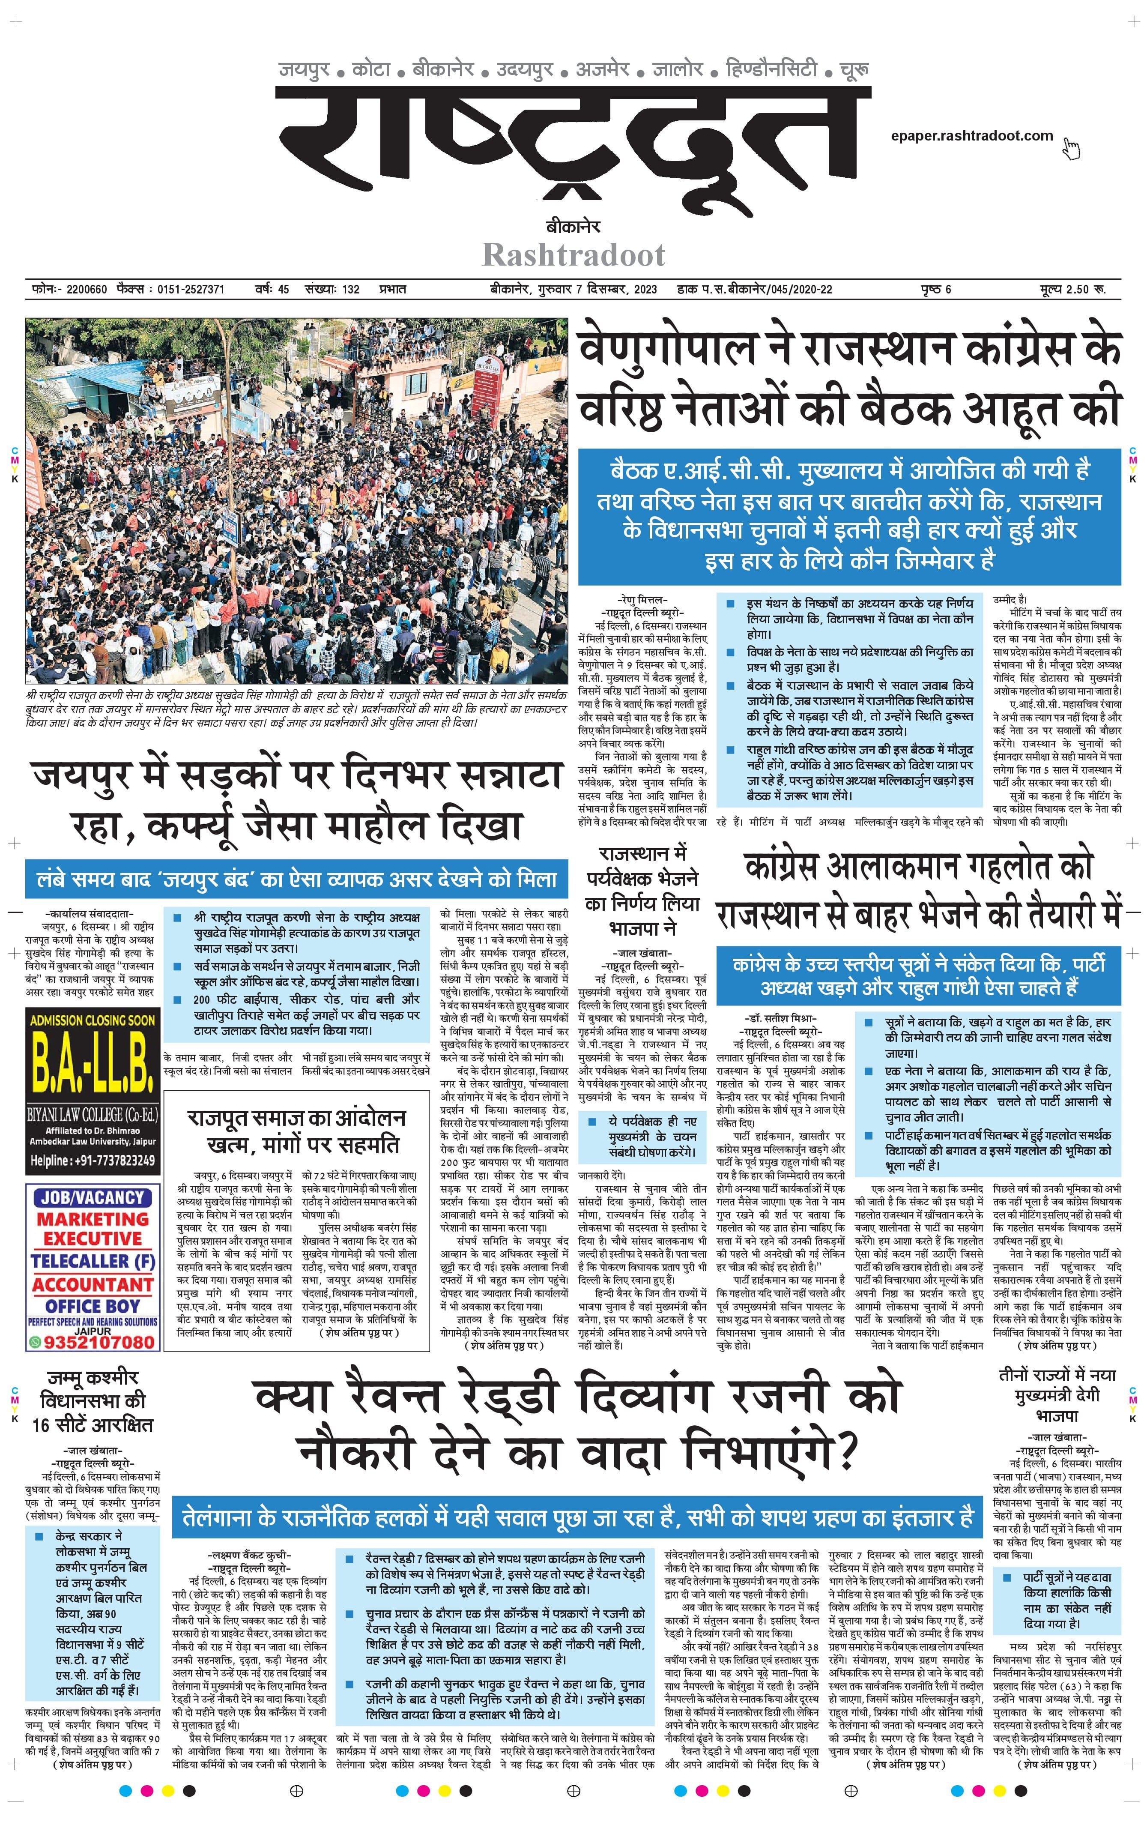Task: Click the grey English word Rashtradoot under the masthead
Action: [573, 256]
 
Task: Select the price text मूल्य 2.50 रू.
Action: [1072, 289]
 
